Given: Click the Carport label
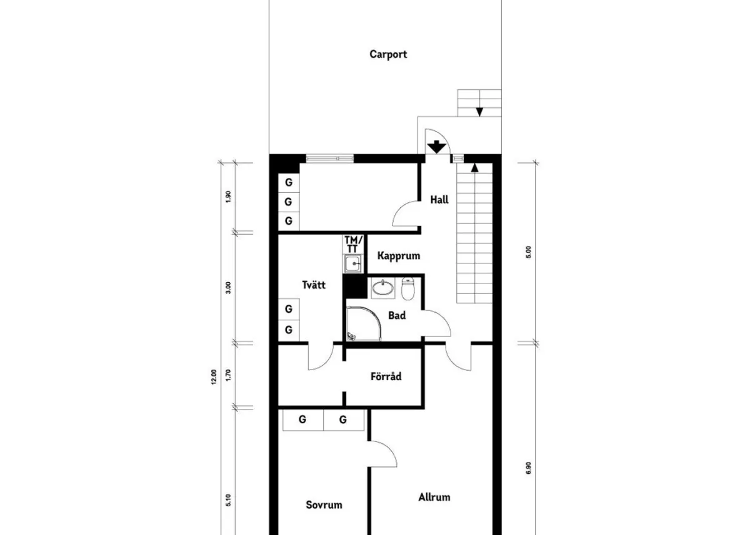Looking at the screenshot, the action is click(388, 54).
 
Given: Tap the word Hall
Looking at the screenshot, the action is click(439, 200).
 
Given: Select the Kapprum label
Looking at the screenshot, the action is click(399, 256).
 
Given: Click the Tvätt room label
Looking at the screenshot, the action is click(314, 285).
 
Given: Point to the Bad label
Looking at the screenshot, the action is click(397, 315).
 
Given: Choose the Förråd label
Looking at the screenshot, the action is click(386, 376).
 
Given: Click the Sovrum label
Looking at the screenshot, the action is click(324, 505).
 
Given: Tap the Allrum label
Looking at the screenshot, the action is click(434, 497).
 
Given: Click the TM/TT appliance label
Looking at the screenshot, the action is click(353, 245).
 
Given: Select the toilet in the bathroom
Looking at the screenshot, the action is click(407, 288).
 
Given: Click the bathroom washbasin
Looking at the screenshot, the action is click(383, 288).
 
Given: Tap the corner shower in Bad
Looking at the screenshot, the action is click(364, 324).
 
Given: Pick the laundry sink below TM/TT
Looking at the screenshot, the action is click(352, 264).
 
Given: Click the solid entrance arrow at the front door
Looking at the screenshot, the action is click(437, 147).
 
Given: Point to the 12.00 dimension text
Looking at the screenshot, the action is click(214, 377).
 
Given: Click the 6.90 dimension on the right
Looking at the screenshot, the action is click(528, 468).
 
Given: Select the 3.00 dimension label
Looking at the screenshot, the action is click(228, 288).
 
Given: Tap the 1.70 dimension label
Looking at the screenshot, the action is click(228, 375).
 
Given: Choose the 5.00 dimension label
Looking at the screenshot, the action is click(528, 252).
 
